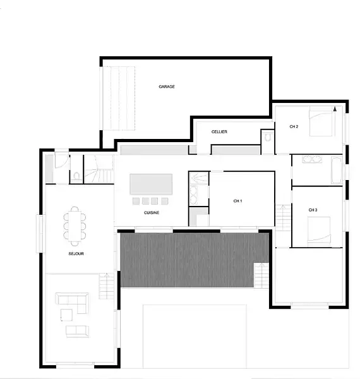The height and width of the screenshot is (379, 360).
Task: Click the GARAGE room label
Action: (167, 87)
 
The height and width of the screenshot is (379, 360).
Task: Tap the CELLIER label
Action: (219, 132)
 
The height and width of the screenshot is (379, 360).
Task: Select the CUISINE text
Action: (152, 213)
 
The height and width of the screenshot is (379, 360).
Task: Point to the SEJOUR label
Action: (76, 253)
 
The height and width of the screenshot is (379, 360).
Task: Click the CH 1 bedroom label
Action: (237, 201)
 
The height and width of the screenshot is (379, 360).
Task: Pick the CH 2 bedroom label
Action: (294, 126)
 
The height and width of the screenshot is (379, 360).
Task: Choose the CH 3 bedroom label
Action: (313, 210)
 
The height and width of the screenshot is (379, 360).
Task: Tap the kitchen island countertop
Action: (151, 184)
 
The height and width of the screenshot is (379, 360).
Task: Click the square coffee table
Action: (66, 315)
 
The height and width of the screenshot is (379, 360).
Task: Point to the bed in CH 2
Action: (322, 123)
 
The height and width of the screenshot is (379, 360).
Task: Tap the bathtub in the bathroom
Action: (337, 170)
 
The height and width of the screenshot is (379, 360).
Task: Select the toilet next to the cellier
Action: (267, 137)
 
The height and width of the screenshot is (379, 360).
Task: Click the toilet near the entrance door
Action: (77, 176)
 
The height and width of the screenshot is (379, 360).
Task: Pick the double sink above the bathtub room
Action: (312, 159)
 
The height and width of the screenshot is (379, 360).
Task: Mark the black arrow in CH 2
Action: (335, 109)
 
